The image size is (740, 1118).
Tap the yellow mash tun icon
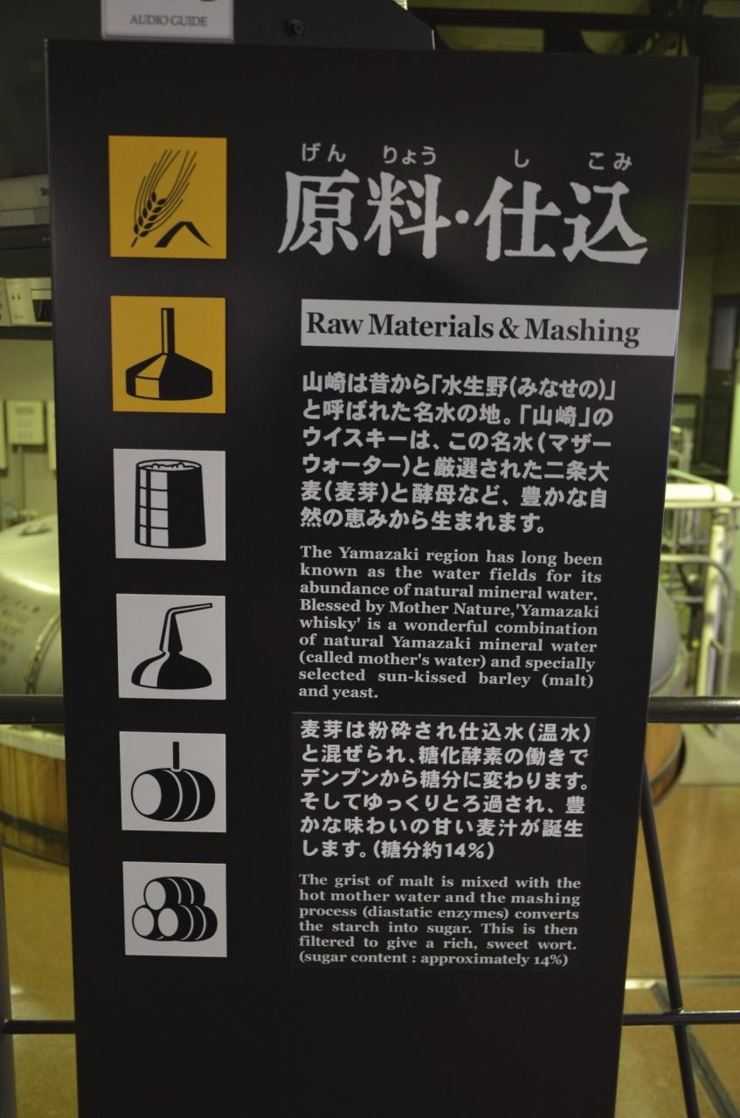(x=169, y=355)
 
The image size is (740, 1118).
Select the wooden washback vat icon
(x=169, y=504)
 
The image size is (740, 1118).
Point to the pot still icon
(x=171, y=646)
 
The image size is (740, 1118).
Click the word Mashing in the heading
(x=582, y=331)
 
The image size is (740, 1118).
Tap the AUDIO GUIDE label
(x=168, y=21)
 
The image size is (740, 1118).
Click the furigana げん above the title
(x=323, y=153)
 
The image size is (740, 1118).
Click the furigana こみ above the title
(x=609, y=162)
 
